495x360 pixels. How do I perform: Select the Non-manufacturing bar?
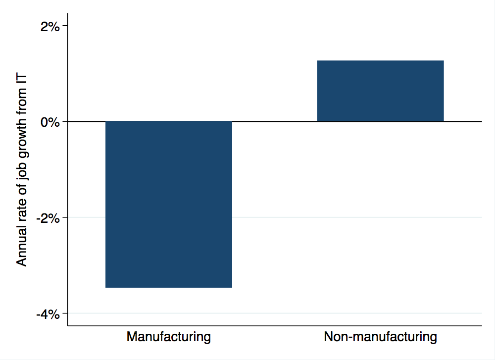click(380, 91)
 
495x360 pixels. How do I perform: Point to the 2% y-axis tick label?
click(50, 26)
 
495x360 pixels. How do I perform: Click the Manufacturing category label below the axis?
click(169, 337)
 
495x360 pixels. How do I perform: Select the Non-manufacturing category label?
click(380, 337)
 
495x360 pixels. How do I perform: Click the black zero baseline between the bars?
click(274, 121)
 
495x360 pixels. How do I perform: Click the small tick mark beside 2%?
click(64, 26)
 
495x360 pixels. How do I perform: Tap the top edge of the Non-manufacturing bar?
click(380, 61)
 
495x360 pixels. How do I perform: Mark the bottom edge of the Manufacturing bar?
click(169, 287)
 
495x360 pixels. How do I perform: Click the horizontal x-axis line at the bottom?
click(274, 326)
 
